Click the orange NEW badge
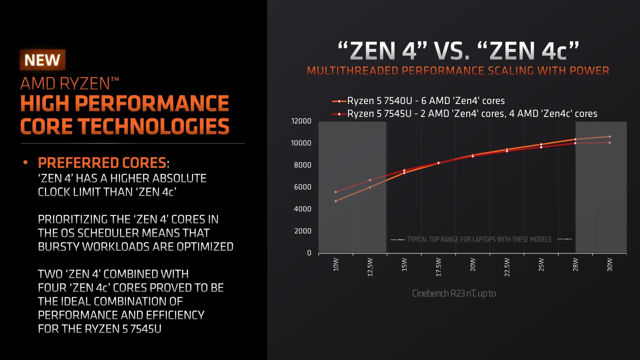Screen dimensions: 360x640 tap(42, 60)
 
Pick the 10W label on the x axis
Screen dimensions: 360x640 tap(336, 265)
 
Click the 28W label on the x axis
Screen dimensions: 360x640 tap(576, 265)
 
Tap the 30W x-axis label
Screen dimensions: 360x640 tap(610, 265)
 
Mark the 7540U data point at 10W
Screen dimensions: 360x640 tap(336, 201)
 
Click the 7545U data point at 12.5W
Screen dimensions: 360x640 tap(370, 180)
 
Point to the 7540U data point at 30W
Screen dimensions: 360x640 tap(610, 136)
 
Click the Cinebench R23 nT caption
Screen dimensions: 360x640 tap(453, 294)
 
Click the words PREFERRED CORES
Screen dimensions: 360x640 tap(102, 162)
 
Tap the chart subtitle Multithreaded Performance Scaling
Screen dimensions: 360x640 tap(458, 71)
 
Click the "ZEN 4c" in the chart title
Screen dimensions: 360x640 tap(529, 51)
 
